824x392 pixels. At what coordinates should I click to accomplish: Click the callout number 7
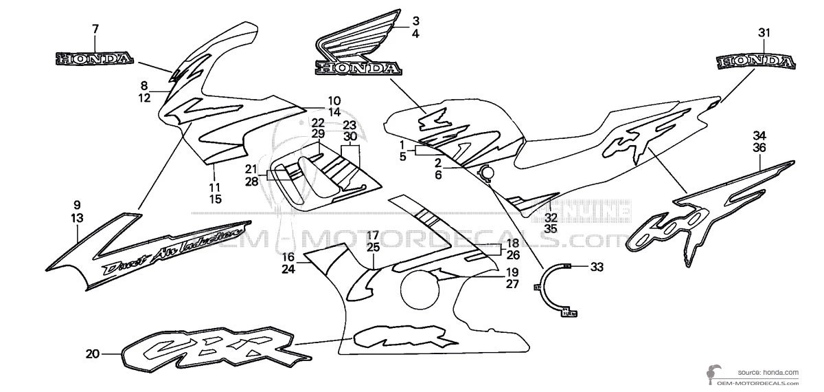coord(95,28)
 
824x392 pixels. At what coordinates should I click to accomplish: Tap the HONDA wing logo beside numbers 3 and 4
coord(357,45)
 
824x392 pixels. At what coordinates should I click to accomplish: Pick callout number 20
coord(93,355)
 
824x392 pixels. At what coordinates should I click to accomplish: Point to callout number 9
coord(77,204)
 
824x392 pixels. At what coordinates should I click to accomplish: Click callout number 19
coord(512,272)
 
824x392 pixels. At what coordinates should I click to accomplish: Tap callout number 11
coord(215,186)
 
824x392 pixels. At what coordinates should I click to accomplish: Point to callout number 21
coord(251,168)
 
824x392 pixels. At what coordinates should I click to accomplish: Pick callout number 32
coord(551,217)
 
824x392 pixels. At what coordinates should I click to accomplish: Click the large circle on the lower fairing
coord(418,290)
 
